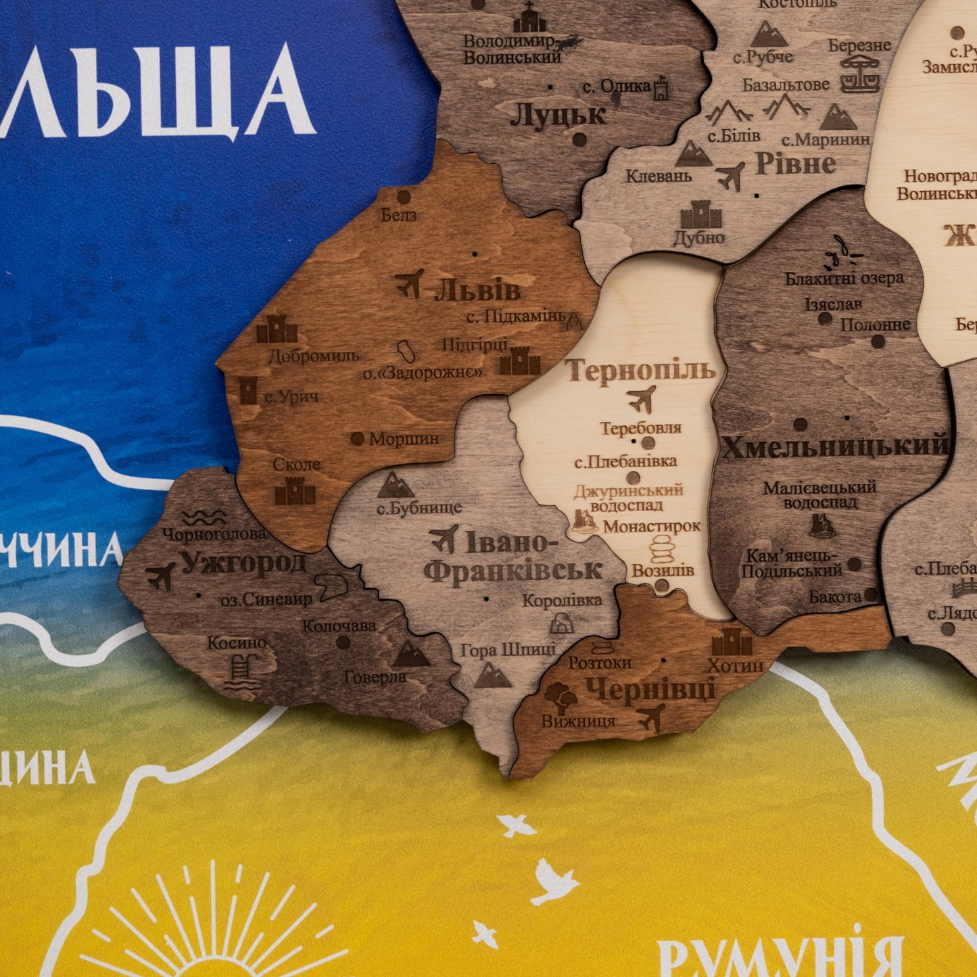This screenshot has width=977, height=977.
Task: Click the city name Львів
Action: point(477,291)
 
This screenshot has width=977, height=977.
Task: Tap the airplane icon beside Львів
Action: point(409,283)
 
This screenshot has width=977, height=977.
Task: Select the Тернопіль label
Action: point(640,371)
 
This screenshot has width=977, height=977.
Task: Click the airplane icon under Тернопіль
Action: point(641,398)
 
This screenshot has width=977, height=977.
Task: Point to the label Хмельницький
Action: point(835,447)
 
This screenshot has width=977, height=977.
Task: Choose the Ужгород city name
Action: point(243,563)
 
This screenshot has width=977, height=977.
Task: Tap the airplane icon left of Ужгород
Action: point(160,576)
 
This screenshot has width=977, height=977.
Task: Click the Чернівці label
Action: point(650,690)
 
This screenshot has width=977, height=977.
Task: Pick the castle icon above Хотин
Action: point(732,642)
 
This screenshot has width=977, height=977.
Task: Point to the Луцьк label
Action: point(558,115)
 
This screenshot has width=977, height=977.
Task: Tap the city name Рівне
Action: point(795,164)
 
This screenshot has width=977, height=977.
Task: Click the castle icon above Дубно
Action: point(700,214)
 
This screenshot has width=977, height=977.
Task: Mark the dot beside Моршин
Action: point(357,439)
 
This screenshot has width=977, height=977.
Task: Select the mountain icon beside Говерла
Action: point(411,654)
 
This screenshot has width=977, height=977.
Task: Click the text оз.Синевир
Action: point(266,599)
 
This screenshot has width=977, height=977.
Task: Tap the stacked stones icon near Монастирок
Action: point(662,548)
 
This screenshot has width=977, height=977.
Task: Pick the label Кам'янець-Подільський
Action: point(791,563)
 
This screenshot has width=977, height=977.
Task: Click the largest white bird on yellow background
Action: point(554,881)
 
